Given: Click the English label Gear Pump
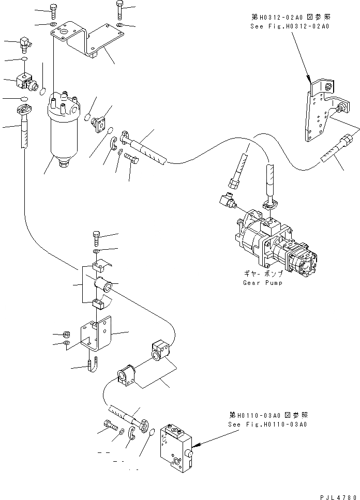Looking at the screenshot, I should click(x=262, y=283).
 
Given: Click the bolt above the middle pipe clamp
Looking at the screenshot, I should click(x=97, y=238).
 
